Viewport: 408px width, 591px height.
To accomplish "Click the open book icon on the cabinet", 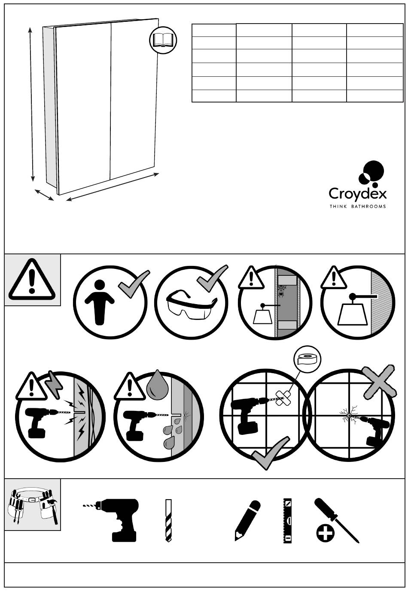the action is coord(163,40).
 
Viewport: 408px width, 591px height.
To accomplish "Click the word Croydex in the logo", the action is coord(357,193).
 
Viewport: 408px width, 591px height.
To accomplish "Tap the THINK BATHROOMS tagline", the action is coord(357,206).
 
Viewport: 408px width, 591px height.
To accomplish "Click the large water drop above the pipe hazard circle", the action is coord(155,383).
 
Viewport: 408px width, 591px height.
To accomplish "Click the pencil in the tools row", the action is coord(247,520).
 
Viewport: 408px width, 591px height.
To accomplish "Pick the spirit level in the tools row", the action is coord(288,520).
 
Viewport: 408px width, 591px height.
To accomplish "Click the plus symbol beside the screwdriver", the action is coord(325,534).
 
